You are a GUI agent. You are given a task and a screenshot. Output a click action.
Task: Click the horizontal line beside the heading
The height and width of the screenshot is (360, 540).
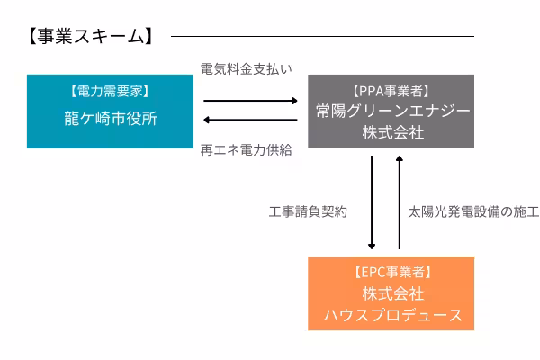click(321, 37)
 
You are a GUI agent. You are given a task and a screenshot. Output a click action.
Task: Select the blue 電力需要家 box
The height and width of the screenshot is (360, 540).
click(111, 111)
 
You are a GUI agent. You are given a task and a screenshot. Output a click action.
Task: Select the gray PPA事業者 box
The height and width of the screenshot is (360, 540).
click(391, 111)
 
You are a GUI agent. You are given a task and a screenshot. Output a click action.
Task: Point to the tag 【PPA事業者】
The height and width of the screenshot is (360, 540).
click(391, 91)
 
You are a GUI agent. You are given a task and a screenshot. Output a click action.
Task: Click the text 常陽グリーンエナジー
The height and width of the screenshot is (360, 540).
click(391, 112)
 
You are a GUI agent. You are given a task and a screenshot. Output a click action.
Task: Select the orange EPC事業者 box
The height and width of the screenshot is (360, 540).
click(391, 293)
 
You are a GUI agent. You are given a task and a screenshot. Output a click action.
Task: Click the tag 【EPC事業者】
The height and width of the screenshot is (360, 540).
click(391, 273)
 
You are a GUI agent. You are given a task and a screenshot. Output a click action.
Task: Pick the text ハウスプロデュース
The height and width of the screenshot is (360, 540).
click(391, 315)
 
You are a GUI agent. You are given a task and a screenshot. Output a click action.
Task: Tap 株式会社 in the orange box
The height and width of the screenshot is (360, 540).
click(391, 294)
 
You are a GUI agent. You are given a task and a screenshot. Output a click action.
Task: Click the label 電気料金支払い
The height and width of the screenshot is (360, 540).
click(246, 69)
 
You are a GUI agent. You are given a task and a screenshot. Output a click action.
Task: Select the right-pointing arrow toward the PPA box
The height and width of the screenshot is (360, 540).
click(249, 101)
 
